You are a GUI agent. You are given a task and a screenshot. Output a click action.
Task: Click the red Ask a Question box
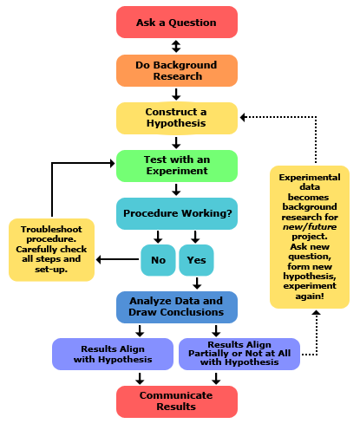pyautogui.click(x=176, y=23)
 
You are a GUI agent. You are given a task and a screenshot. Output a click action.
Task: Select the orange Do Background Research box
pyautogui.click(x=176, y=70)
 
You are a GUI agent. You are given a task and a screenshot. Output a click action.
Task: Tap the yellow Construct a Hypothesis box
pyautogui.click(x=176, y=118)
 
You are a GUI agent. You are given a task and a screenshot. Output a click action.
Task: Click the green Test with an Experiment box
pyautogui.click(x=176, y=165)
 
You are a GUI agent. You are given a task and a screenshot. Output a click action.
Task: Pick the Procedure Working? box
pyautogui.click(x=176, y=213)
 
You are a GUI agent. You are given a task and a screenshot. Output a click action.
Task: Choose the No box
pyautogui.click(x=158, y=259)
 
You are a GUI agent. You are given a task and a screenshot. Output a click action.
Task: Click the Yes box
pyautogui.click(x=196, y=259)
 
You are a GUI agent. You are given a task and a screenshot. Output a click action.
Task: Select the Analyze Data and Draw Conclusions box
pyautogui.click(x=176, y=306)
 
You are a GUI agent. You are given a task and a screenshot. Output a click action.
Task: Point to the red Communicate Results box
pyautogui.click(x=176, y=401)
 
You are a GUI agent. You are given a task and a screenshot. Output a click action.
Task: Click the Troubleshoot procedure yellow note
pyautogui.click(x=52, y=248)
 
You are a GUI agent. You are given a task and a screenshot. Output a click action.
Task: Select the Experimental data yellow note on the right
pyautogui.click(x=309, y=236)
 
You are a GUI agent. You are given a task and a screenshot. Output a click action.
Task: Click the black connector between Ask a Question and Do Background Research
pyautogui.click(x=176, y=47)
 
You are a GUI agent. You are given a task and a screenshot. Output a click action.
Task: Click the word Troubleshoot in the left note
pyautogui.click(x=52, y=229)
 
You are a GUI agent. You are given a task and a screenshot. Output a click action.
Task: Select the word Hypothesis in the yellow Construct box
pyautogui.click(x=176, y=124)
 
